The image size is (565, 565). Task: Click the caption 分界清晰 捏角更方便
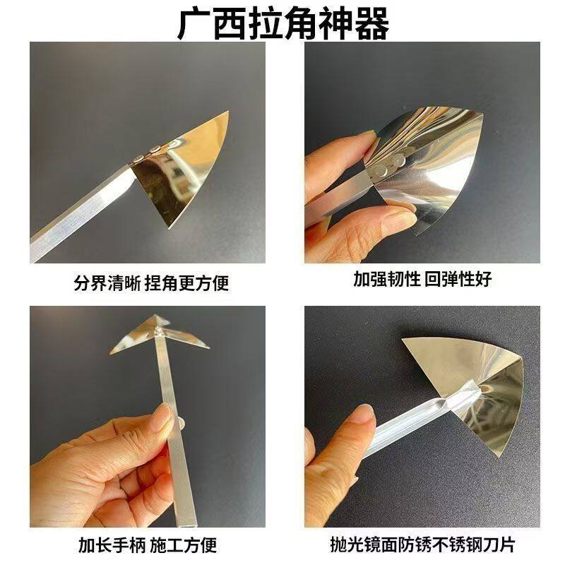pyautogui.click(x=151, y=284)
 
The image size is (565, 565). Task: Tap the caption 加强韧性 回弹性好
pyautogui.click(x=422, y=279)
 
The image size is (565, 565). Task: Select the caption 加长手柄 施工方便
pyautogui.click(x=147, y=545)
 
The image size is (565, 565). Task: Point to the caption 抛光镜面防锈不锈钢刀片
pyautogui.click(x=423, y=545)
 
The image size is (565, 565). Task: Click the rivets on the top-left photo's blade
pyautogui.click(x=150, y=150)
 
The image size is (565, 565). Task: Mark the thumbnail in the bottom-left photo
pyautogui.click(x=161, y=419)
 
